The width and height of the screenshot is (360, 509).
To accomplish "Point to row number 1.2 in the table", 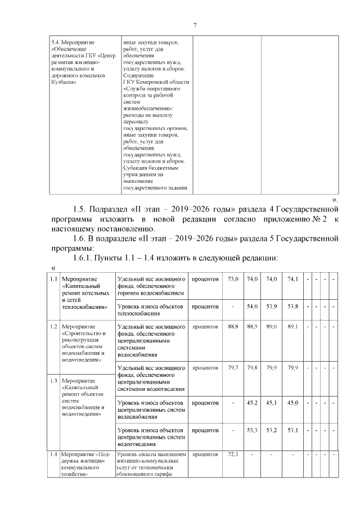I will [x=53, y=326].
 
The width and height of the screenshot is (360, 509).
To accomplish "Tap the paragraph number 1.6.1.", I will [x=88, y=258].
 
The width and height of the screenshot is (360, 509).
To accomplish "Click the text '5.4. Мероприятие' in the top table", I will [x=73, y=42].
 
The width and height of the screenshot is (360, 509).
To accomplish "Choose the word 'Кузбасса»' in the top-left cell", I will [x=63, y=82].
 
